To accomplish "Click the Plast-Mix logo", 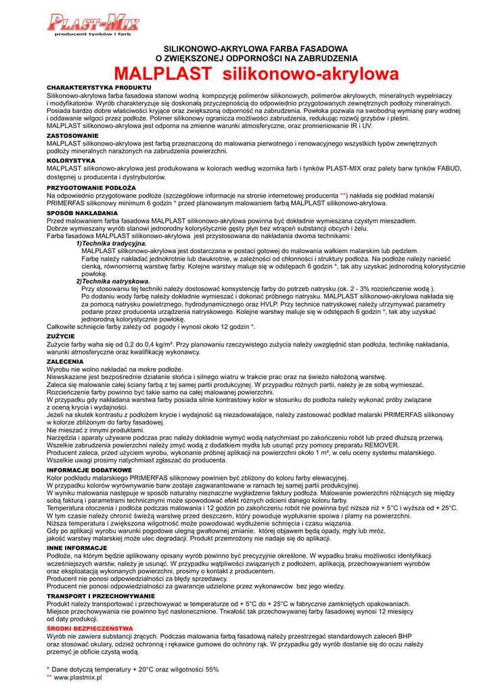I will pos(93,25).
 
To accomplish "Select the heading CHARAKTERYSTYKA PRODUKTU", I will pos(89,88).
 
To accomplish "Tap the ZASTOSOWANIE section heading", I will pos(72,136).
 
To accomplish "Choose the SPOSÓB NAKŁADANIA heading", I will pos(82,213).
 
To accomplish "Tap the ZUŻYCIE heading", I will pos(60,336).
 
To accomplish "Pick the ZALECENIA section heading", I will pos(65,362).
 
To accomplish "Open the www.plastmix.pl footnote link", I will pos(72,677).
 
